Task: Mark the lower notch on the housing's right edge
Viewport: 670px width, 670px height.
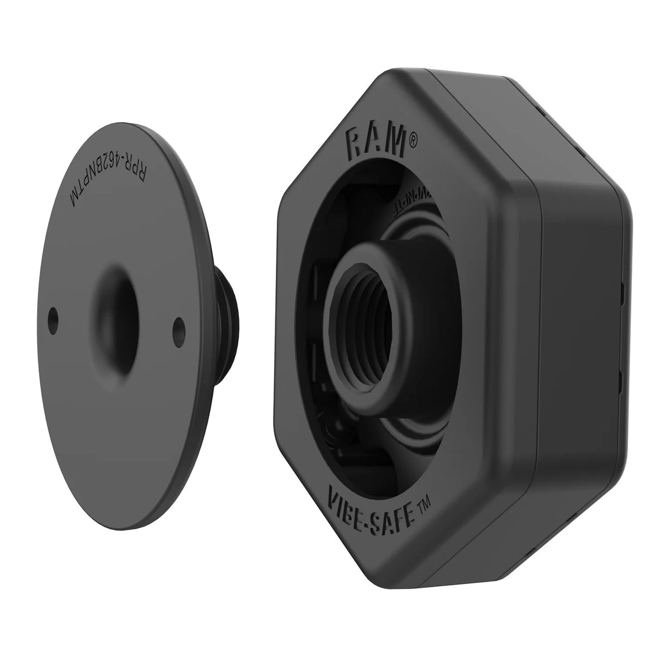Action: point(622,381)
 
